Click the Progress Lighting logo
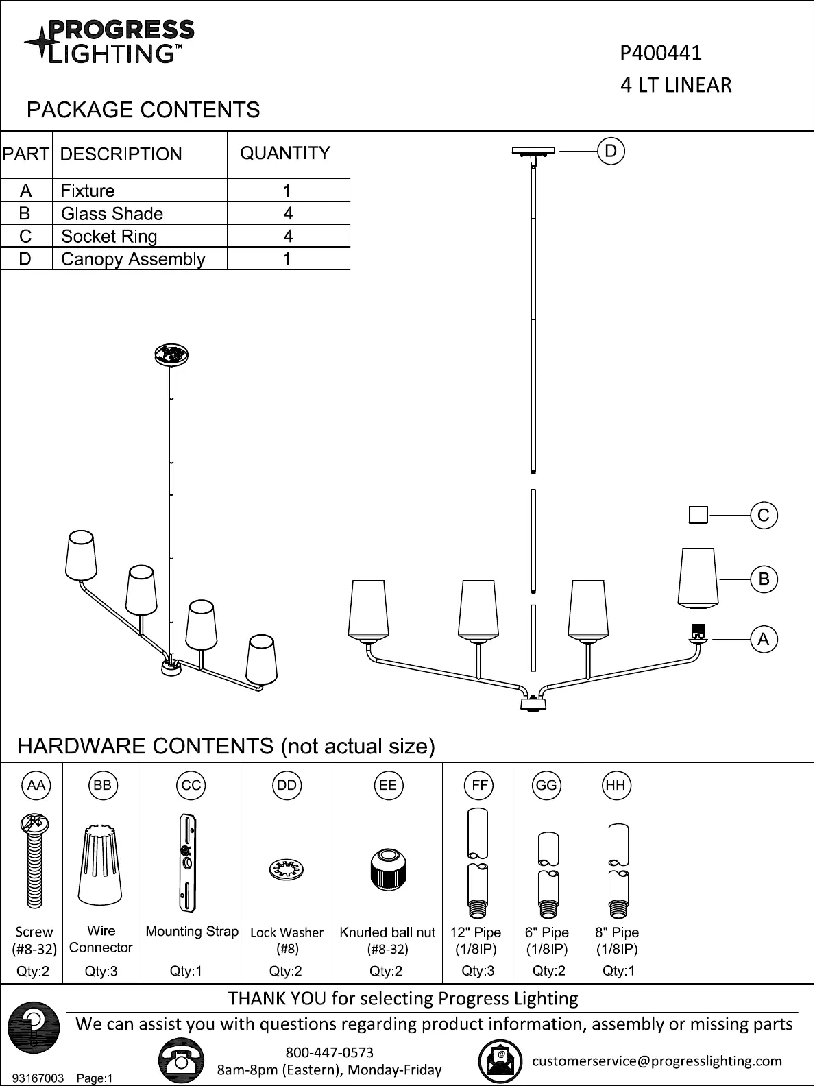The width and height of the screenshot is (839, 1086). click(109, 42)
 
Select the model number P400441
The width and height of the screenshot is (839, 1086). click(661, 53)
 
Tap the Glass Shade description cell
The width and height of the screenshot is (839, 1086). click(140, 213)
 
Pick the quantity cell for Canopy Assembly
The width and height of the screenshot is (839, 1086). click(289, 258)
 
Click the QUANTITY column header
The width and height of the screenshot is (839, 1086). click(285, 153)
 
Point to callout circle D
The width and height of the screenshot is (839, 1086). click(611, 151)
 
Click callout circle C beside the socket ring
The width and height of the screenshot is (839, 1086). click(764, 515)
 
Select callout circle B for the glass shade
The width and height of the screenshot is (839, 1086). click(764, 579)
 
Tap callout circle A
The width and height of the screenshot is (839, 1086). click(764, 639)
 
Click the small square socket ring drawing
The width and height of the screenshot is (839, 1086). click(698, 515)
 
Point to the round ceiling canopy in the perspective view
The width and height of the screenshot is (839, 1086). click(171, 355)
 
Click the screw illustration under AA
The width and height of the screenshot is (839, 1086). click(34, 860)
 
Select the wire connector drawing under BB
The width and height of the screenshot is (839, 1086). click(100, 865)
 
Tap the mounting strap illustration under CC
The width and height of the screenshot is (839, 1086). click(188, 862)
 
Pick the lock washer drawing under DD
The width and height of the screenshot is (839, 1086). click(286, 870)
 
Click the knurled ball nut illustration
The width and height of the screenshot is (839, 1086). click(388, 869)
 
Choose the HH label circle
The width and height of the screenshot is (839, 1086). click(616, 785)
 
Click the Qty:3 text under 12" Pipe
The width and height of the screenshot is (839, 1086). click(478, 971)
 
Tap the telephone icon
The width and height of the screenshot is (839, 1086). click(181, 1059)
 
